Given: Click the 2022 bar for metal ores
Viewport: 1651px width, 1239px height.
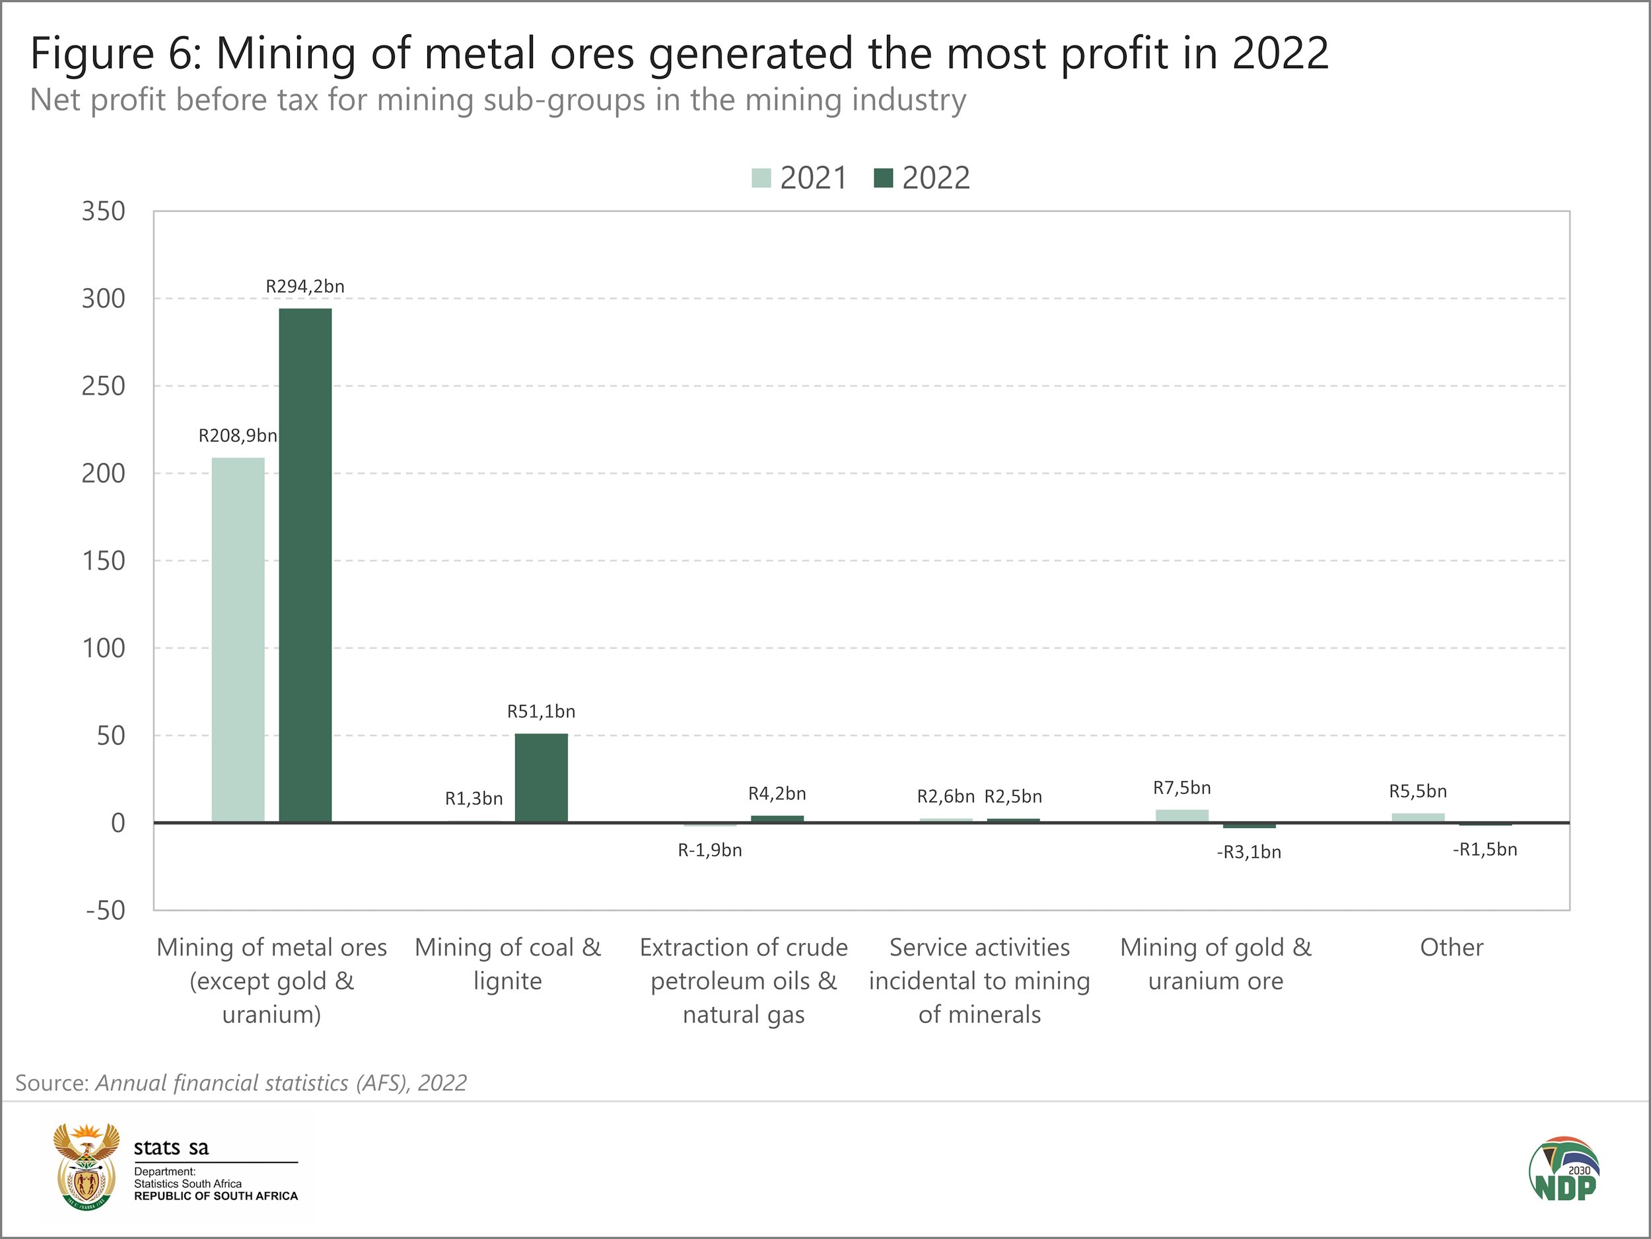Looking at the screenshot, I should click(305, 566).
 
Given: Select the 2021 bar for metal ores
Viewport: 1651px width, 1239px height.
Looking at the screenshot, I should click(238, 640).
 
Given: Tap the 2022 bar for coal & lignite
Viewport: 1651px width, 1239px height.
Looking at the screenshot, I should click(541, 778).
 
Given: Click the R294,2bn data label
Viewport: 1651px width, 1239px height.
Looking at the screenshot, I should click(305, 287).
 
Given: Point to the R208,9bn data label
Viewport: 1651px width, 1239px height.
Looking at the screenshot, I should click(237, 436).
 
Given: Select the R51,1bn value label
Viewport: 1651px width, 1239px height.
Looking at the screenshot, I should click(541, 712).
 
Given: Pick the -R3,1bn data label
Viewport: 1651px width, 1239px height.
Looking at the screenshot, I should click(1249, 852).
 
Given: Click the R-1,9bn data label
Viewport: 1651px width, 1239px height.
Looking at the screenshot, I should click(710, 850).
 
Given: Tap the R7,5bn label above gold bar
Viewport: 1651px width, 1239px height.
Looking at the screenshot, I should click(1182, 788).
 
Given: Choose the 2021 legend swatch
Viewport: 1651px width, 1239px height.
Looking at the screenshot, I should click(761, 178).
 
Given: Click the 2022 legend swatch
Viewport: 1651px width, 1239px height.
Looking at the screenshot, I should click(884, 178).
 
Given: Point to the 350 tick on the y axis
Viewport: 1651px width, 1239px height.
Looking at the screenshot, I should click(104, 211).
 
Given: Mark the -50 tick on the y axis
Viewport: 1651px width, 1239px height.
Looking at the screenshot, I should click(105, 911).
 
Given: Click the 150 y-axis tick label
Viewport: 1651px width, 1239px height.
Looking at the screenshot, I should click(104, 561).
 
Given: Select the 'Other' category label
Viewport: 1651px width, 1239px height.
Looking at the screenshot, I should click(1451, 948).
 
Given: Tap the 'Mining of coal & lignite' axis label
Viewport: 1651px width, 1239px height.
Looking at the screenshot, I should click(508, 964).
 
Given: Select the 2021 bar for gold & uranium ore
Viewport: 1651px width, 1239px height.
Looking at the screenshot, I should click(1182, 815).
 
